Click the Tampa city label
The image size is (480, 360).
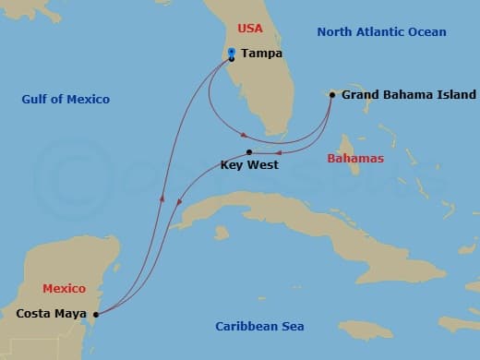click(262, 54)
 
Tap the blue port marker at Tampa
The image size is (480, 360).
click(232, 53)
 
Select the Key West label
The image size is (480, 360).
click(249, 166)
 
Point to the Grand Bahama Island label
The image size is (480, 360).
click(408, 95)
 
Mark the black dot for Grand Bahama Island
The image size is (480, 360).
click(332, 94)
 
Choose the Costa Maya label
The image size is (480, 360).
click(51, 314)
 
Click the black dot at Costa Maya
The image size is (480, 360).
click(96, 314)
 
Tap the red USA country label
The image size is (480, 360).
click(250, 29)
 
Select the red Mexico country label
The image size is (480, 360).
click(65, 289)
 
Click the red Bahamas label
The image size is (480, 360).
click(355, 159)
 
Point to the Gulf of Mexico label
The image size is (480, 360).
click(66, 100)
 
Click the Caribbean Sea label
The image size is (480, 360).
click(259, 327)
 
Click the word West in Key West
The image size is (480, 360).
click(263, 166)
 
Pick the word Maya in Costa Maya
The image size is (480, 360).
click(70, 314)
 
